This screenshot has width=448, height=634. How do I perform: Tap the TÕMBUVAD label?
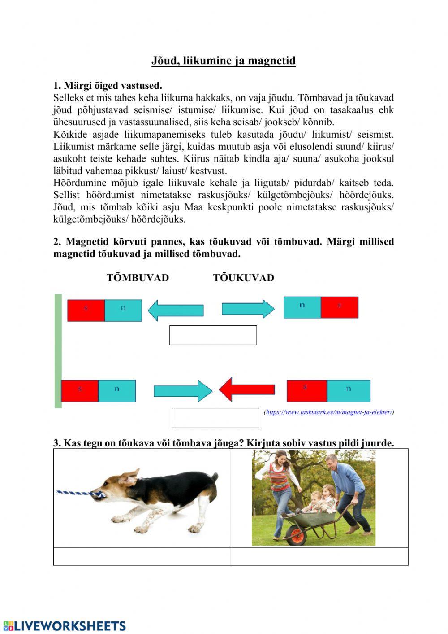pos(138,278)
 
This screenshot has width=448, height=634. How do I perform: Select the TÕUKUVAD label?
pos(243,278)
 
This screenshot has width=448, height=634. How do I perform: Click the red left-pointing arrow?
pos(247,389)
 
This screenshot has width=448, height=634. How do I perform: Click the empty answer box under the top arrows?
pos(213,335)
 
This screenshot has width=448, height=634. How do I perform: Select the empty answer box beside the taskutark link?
pos(215,418)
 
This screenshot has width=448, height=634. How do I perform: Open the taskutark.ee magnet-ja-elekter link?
pos(329,412)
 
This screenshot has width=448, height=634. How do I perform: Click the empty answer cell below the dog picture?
pos(142,556)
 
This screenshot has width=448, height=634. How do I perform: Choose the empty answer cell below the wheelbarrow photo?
pos(319,556)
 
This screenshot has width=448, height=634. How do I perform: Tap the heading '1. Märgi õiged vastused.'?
pos(108,85)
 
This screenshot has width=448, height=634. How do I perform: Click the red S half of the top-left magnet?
pos(86,310)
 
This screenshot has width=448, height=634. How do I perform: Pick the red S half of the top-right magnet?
pos(340,307)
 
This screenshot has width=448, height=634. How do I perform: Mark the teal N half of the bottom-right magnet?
pos(349,391)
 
